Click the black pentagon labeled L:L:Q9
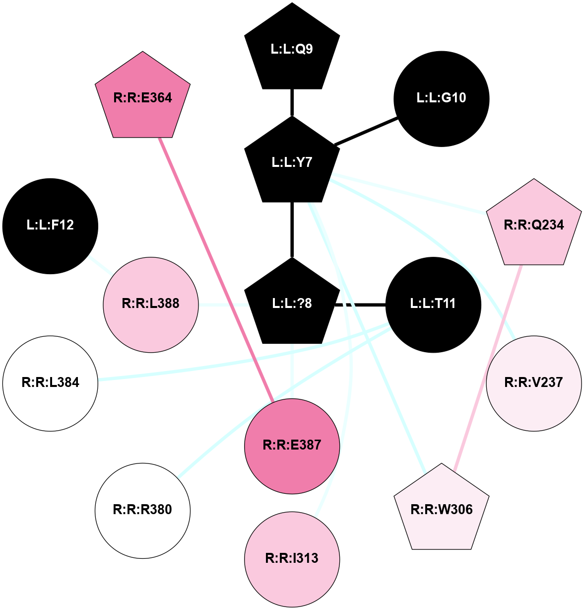[x=292, y=49]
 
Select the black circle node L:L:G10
[x=441, y=98]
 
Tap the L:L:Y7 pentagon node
[x=292, y=162]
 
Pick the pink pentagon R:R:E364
[x=143, y=97]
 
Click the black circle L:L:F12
[x=50, y=226]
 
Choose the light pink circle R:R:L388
[x=151, y=304]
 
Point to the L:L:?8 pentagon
[x=292, y=304]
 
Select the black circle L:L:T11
[x=433, y=304]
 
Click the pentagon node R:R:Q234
[x=533, y=225]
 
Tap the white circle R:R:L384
[x=50, y=383]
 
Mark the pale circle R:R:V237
[x=533, y=383]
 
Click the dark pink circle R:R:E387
[x=292, y=446]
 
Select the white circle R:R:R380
[x=143, y=510]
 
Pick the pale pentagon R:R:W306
[x=442, y=510]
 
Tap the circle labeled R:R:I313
[x=292, y=559]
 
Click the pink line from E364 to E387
[x=216, y=268]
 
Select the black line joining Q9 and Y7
[x=292, y=102]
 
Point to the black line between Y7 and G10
[x=366, y=131]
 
